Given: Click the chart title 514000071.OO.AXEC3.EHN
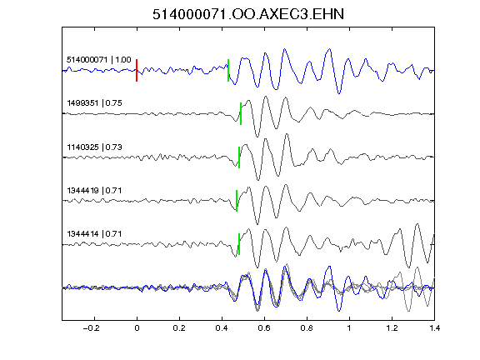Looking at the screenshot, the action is click(248, 14).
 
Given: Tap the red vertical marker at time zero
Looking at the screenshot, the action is click(137, 70).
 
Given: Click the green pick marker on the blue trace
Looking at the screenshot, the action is click(228, 70).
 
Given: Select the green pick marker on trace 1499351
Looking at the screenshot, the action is click(241, 113).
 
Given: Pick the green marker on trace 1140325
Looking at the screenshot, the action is click(239, 157).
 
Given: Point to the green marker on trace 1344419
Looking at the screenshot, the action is click(237, 201).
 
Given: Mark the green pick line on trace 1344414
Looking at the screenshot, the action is click(239, 244).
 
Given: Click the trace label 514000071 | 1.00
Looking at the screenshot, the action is click(99, 60).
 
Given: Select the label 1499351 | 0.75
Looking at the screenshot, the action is click(95, 103).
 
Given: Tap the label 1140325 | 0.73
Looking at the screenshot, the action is click(95, 147).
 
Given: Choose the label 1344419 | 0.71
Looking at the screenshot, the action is click(95, 191).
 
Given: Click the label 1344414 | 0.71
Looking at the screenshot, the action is click(95, 234).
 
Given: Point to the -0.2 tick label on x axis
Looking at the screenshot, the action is click(92, 328).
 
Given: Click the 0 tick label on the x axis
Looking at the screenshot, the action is click(137, 328).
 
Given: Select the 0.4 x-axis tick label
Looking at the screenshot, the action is click(222, 328).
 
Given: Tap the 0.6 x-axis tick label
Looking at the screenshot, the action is click(264, 328).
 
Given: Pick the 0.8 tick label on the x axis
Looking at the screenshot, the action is click(307, 328).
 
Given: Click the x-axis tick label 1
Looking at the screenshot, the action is click(349, 328).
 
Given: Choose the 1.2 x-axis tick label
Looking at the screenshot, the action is click(392, 328).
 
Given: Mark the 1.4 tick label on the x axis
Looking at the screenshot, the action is click(434, 328).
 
